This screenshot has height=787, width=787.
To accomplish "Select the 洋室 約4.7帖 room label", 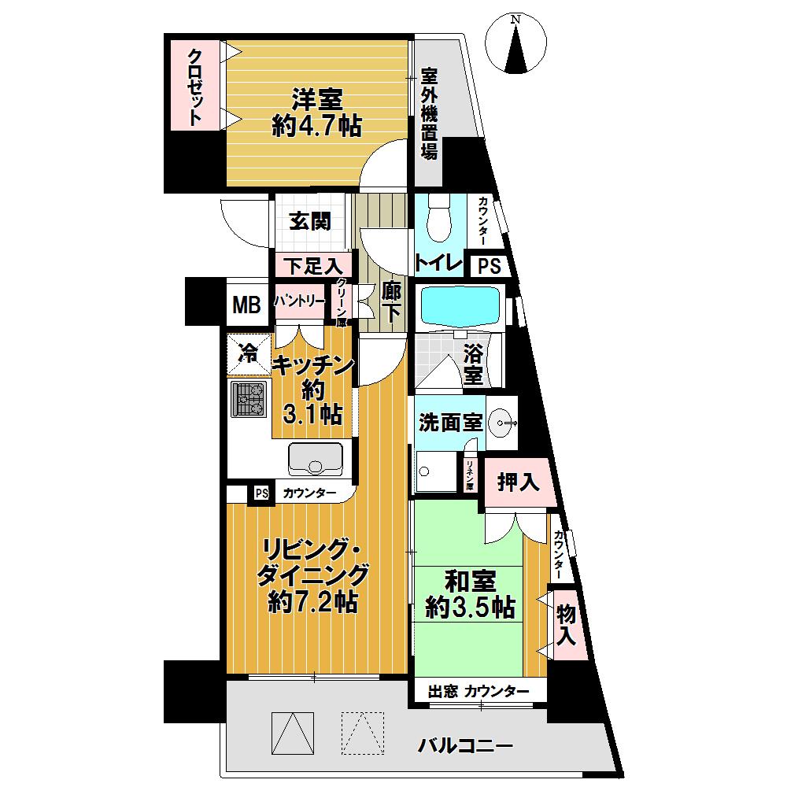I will pyautogui.click(x=318, y=113).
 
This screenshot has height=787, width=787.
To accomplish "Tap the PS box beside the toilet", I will pyautogui.click(x=489, y=266).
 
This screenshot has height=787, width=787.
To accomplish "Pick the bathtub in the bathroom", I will pyautogui.click(x=460, y=306).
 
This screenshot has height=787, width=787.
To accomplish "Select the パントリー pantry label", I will pyautogui.click(x=299, y=301).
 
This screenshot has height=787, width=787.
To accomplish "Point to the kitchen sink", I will pyautogui.click(x=316, y=459).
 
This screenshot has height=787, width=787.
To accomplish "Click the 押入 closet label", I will pyautogui.click(x=518, y=482).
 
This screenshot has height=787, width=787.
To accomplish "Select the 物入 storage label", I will pyautogui.click(x=565, y=625).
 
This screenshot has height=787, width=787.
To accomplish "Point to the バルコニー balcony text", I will pyautogui.click(x=465, y=745).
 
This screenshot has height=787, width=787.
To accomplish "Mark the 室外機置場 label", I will pyautogui.click(x=429, y=114).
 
